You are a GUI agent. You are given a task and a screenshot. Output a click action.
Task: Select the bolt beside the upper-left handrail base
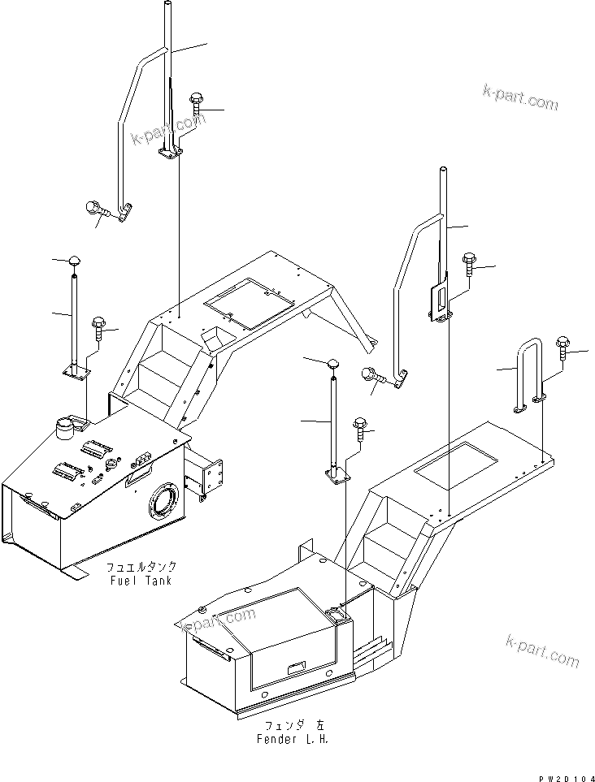coord(197,103)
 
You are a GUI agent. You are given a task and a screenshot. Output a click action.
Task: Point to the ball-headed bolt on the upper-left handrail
coord(93,210)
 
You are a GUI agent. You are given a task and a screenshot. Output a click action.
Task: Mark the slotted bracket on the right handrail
coord(438,300)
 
